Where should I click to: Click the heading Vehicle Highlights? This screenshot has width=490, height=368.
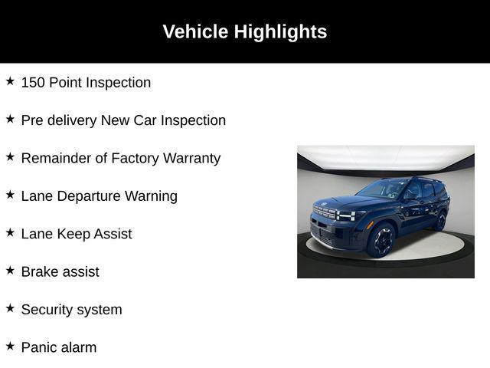[x=244, y=31]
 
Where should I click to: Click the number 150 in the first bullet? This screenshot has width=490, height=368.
[x=33, y=82]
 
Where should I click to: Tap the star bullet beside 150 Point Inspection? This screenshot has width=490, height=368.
[x=10, y=80]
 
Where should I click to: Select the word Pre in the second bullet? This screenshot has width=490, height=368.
[x=32, y=120]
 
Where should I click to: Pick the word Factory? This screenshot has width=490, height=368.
[x=136, y=158]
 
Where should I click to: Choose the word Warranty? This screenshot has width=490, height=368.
[x=191, y=158]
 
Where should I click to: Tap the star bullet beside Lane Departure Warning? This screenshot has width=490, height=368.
[x=10, y=194]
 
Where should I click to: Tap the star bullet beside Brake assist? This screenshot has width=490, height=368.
[x=10, y=270]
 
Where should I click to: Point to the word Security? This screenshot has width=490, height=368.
[x=49, y=310]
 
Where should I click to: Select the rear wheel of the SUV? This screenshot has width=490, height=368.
[x=439, y=221]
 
